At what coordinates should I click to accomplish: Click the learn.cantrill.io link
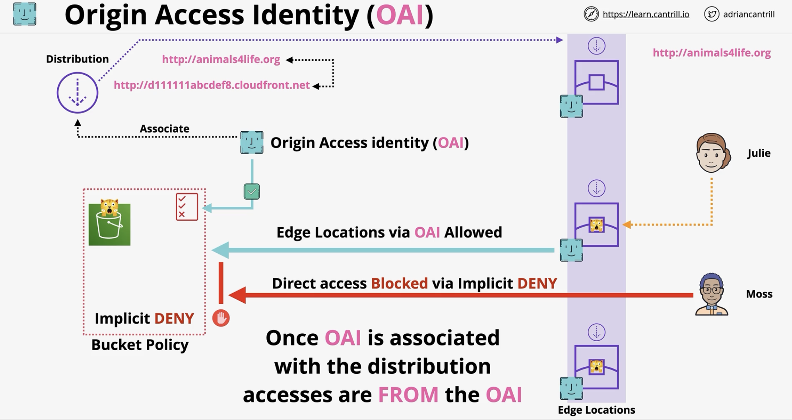pos(646,14)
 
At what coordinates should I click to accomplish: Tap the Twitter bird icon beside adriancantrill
pos(712,14)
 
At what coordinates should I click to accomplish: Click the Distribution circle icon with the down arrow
pos(78,93)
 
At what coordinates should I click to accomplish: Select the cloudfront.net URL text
pos(212,85)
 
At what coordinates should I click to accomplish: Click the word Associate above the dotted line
pos(164,128)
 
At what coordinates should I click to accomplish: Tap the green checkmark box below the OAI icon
pos(252,191)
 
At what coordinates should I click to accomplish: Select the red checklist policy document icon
pos(187,207)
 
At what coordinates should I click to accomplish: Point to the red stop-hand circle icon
pos(221,318)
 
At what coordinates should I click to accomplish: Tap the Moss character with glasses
pos(712,294)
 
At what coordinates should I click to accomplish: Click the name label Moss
pos(759,294)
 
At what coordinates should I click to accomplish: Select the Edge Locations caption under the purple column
pos(596,410)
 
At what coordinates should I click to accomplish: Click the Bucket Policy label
pos(140,344)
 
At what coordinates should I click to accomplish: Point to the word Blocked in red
pos(399,283)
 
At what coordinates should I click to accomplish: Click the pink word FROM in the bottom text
pos(408,395)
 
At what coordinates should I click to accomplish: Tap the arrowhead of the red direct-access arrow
pos(237,295)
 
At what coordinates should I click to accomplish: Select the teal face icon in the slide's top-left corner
pos(25,14)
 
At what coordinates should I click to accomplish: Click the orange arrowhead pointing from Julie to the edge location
pos(627,225)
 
